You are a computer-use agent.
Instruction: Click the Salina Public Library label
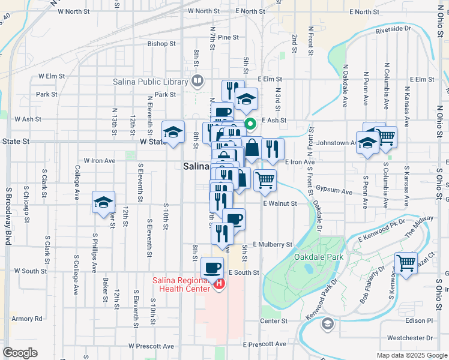[x=150, y=82]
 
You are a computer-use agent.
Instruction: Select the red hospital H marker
[x=219, y=284]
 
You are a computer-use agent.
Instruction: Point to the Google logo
[x=20, y=353]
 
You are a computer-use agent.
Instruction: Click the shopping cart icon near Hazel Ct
[x=406, y=262]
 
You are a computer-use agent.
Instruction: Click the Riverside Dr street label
[x=393, y=28]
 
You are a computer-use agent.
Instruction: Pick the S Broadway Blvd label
[x=8, y=216]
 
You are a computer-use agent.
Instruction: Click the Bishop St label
[x=161, y=44]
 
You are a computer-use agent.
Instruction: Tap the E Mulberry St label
[x=272, y=245]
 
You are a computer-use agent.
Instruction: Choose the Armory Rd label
[x=27, y=319]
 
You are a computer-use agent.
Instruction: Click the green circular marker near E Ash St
[x=250, y=125]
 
